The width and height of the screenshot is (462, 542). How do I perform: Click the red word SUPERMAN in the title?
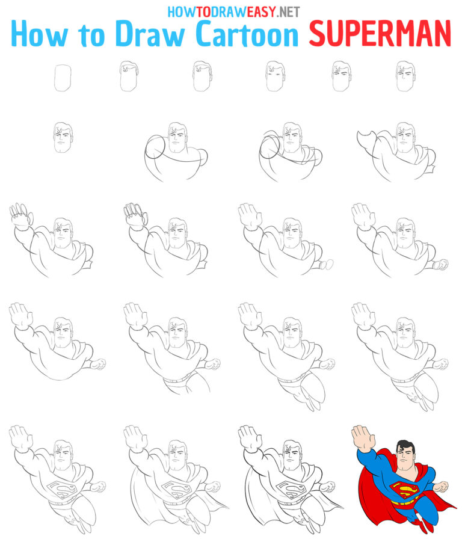point(380,34)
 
